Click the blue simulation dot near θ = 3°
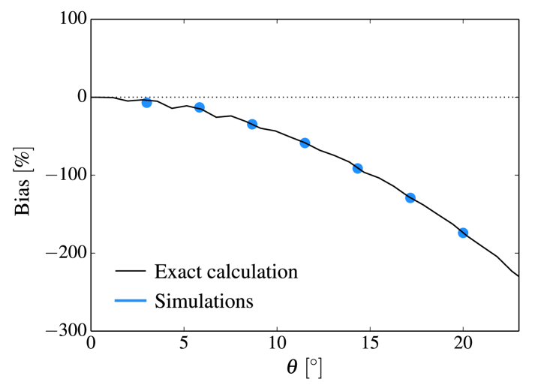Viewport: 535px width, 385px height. coord(147,103)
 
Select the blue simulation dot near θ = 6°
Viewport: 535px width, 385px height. coord(200,107)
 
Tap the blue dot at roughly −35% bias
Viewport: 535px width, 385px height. coord(252,124)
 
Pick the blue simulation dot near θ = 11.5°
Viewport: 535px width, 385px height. coord(305,143)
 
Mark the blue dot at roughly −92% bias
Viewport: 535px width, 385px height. coord(358,168)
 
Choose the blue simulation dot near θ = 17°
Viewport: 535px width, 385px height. coord(410,198)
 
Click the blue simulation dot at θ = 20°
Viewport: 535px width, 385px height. coord(463,233)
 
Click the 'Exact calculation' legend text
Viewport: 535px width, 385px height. coord(226,272)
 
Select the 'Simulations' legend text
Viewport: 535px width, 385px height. coord(203,302)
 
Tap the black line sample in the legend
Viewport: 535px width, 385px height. coord(130,272)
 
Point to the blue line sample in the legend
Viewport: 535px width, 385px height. coord(130,302)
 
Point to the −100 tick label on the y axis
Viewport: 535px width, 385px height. coord(64,175)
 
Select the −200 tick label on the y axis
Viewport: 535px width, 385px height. coord(64,253)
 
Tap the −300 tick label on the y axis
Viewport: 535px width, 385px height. coord(64,330)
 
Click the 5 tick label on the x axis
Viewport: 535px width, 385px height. coord(185,344)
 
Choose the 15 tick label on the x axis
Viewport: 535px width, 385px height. coord(370,344)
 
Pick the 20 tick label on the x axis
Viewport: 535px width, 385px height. coord(463,344)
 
